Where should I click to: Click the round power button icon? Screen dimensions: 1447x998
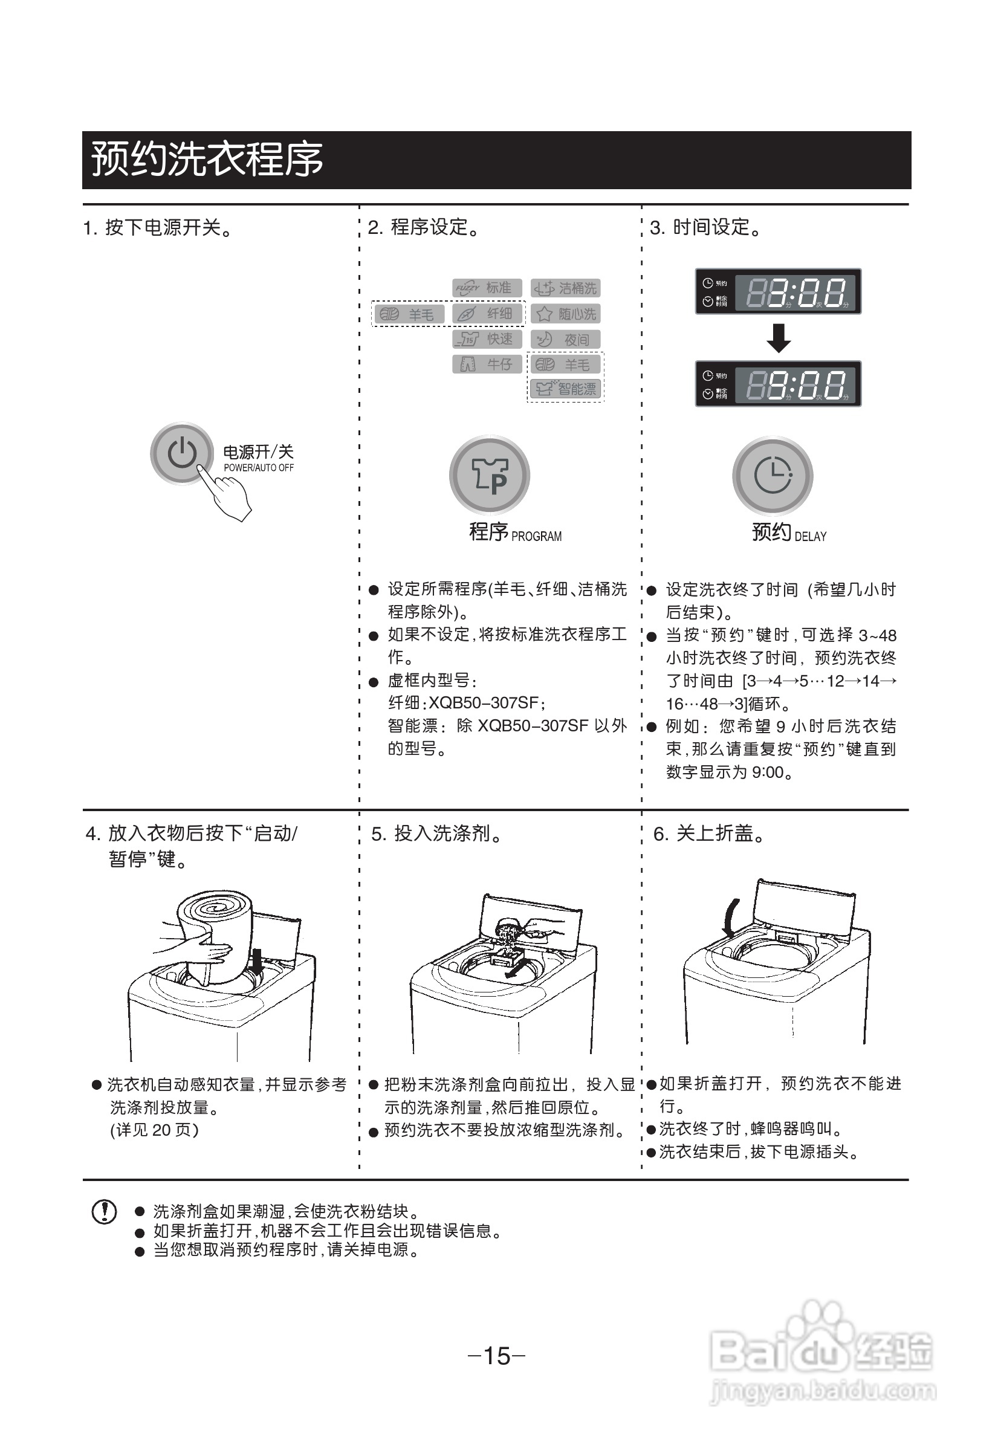(181, 453)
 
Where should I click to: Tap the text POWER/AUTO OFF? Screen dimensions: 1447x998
(258, 468)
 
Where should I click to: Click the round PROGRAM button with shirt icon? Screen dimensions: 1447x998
(490, 475)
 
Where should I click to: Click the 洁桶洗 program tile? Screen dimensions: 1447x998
(565, 288)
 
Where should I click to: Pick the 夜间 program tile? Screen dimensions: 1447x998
(565, 340)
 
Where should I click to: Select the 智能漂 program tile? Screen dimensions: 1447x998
(565, 389)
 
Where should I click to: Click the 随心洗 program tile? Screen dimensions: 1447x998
(565, 314)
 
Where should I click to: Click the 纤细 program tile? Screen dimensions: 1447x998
(488, 314)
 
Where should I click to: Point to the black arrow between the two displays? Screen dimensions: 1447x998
(779, 338)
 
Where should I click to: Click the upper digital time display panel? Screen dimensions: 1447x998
(779, 291)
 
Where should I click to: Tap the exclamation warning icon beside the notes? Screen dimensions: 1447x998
(104, 1211)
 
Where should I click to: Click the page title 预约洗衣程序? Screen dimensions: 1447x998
(207, 160)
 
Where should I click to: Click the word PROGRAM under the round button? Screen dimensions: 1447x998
(537, 537)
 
